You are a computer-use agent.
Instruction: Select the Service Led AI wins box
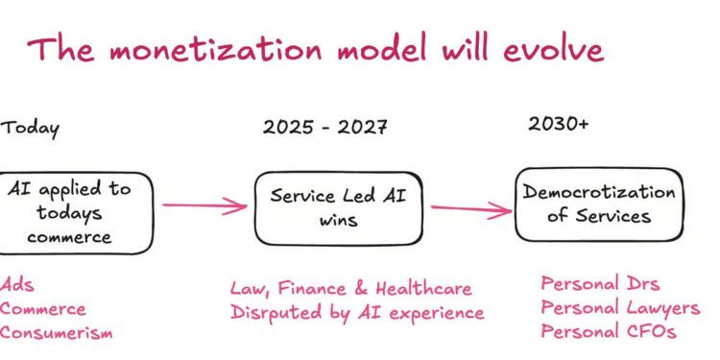point(339,207)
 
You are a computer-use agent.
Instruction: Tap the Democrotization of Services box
point(599,204)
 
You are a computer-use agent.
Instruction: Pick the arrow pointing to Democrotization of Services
point(469,208)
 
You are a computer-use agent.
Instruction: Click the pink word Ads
point(15,285)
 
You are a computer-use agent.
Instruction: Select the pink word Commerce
point(42,309)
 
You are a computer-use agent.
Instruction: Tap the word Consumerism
point(56,333)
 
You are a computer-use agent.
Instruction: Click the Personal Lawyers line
point(620,308)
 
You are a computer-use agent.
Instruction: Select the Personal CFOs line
point(607,332)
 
